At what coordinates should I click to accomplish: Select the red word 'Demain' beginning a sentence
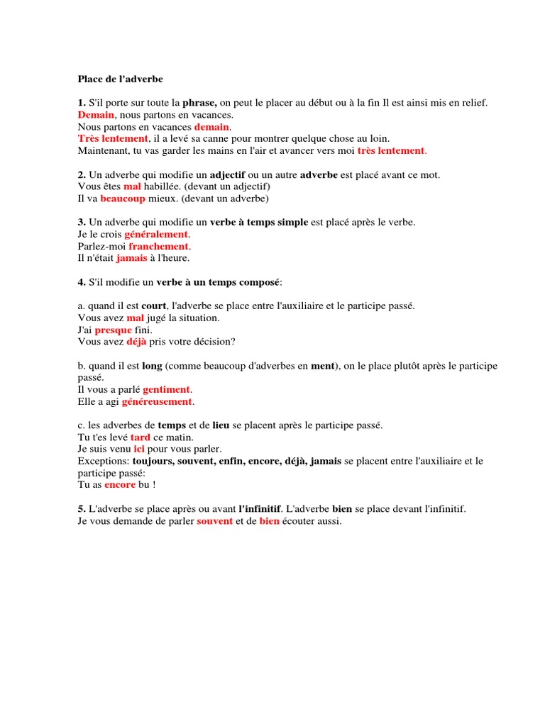click(96, 114)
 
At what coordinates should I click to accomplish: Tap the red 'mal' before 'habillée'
click(133, 186)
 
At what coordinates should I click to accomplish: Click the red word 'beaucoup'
click(123, 198)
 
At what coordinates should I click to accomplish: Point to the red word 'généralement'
click(157, 234)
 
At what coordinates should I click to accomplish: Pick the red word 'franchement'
click(158, 246)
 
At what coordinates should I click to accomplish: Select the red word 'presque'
click(113, 330)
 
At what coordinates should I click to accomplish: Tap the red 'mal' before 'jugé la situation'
click(135, 318)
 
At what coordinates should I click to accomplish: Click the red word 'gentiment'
click(167, 389)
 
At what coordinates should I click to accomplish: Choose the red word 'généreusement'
click(157, 401)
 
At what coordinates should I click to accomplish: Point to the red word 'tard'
click(141, 437)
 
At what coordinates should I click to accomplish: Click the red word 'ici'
click(139, 449)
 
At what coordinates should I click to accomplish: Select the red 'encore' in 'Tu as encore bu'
click(120, 484)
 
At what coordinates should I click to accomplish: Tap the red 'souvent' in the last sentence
click(214, 521)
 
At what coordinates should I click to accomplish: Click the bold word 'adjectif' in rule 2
click(227, 174)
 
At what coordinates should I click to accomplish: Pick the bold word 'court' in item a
click(153, 306)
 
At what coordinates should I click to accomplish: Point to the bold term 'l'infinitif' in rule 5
click(260, 509)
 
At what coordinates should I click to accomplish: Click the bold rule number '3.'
click(82, 222)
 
